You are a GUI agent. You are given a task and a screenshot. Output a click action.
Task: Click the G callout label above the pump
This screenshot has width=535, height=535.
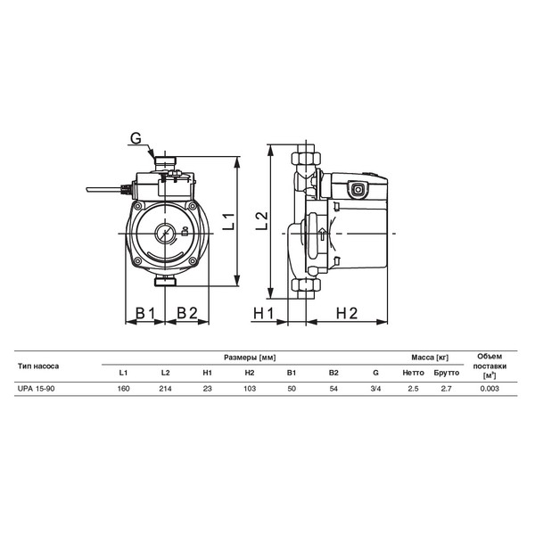[136, 138]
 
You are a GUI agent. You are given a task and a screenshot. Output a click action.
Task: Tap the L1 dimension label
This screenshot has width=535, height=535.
[229, 221]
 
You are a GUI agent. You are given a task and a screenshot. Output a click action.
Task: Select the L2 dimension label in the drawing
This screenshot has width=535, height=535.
[262, 221]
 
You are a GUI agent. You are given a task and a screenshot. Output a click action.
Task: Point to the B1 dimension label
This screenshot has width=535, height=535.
[145, 313]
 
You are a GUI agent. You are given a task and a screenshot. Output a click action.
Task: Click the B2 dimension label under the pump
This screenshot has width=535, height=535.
[187, 313]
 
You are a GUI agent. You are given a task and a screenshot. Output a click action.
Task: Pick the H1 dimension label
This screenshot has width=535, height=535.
[263, 313]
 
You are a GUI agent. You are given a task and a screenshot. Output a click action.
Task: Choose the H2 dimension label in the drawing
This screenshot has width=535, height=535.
[347, 313]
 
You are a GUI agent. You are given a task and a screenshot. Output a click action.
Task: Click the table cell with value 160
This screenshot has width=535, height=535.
[123, 389]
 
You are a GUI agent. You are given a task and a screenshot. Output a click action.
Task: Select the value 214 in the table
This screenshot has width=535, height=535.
[166, 389]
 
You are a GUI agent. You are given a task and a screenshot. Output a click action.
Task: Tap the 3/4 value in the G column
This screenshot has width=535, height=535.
[375, 389]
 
